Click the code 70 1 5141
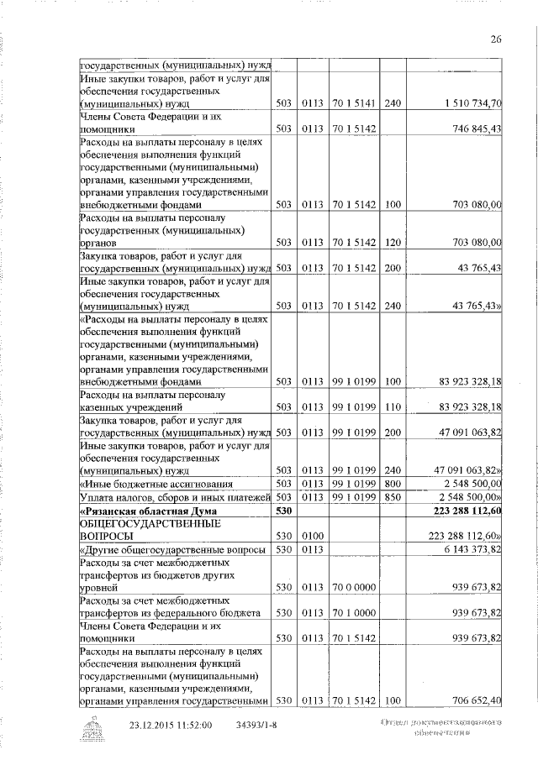pos(353,103)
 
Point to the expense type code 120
pos(392,243)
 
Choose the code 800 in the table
pos(392,484)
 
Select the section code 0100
pos(313,535)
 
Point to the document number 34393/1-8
pos(261,725)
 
